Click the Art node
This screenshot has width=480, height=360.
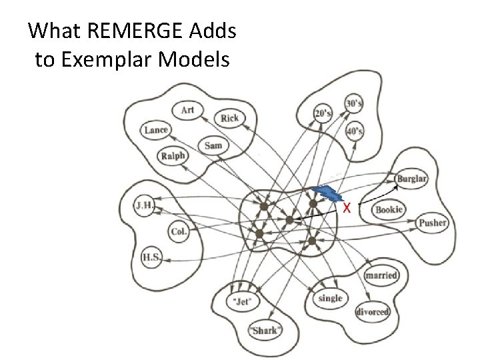[x=188, y=110]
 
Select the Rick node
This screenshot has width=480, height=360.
[x=229, y=118]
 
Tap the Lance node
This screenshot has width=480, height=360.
[x=156, y=130]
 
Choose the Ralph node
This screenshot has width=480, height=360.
[x=173, y=157]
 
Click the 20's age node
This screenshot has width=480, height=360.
[x=323, y=114]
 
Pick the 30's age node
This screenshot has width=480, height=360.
[x=353, y=104]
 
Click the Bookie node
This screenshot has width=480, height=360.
[x=388, y=209]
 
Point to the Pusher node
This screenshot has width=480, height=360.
[x=432, y=223]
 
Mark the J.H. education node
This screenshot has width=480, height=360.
[x=144, y=205]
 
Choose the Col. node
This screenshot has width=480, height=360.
[x=178, y=233]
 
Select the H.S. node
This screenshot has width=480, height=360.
[x=151, y=255]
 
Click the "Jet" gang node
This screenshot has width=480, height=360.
[x=242, y=301]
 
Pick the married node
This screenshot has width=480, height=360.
[x=381, y=275]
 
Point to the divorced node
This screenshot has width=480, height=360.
[x=373, y=311]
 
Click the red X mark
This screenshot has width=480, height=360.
[x=347, y=207]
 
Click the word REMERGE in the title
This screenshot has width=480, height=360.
[x=120, y=31]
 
